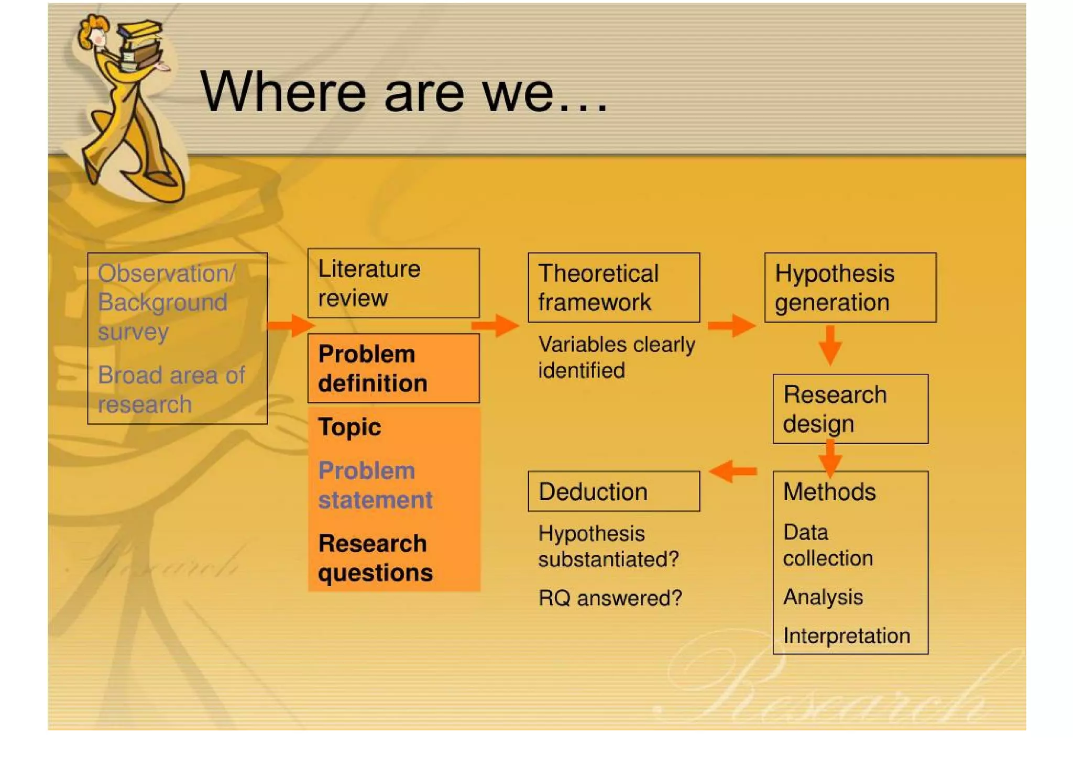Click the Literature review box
point(393,283)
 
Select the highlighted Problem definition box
point(393,368)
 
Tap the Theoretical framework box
point(614,288)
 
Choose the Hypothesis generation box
point(850,288)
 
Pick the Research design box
point(850,409)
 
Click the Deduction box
point(614,491)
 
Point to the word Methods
point(829,492)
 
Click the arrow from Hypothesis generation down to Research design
point(830,345)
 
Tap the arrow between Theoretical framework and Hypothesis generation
point(731,325)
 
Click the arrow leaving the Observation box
point(291,325)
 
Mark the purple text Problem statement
point(375,485)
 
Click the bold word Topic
point(349,427)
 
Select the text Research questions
point(375,558)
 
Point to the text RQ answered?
point(610,598)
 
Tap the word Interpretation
point(846,636)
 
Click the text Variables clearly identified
point(616,357)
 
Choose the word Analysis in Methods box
point(823,597)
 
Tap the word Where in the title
point(283,93)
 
